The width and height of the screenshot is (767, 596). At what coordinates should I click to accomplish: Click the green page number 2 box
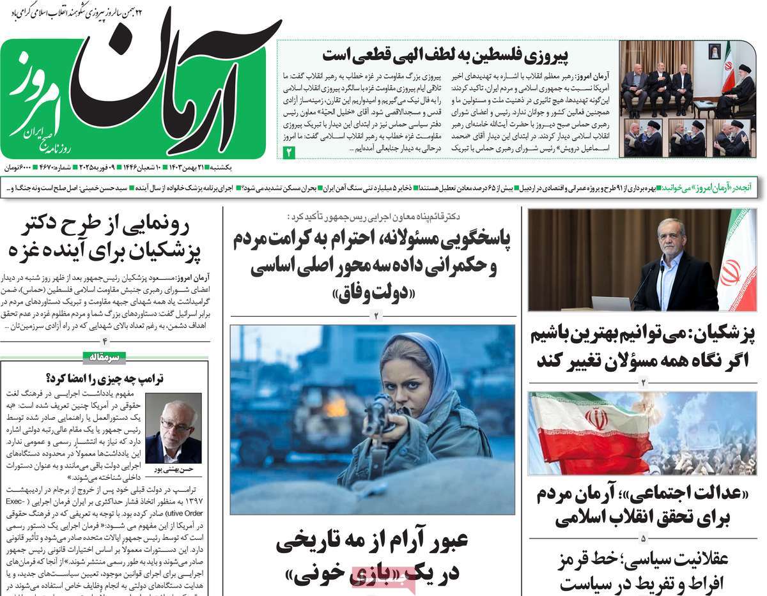(x=288, y=152)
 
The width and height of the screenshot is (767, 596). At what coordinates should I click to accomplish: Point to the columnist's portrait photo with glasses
(x=173, y=427)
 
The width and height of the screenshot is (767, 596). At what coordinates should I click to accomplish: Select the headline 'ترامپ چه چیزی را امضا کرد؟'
(x=105, y=378)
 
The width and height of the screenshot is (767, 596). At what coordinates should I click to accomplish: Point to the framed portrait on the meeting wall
(x=714, y=51)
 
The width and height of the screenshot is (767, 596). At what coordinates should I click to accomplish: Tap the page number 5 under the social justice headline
(x=643, y=537)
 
